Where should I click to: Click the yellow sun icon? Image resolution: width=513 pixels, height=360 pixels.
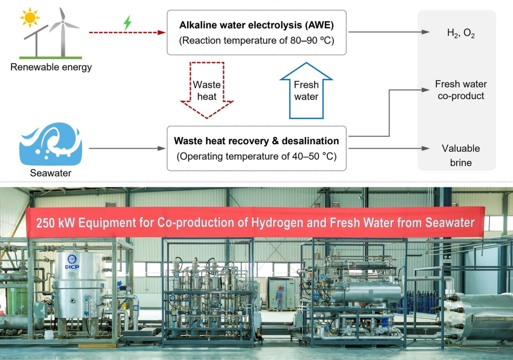tap(30, 17)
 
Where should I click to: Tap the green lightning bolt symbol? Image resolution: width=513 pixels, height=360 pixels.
tap(128, 23)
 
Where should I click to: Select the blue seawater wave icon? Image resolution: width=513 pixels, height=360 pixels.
tap(51, 144)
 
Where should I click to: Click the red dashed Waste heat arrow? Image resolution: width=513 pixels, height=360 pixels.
tap(207, 90)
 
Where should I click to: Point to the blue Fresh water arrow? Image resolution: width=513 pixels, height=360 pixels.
tap(306, 90)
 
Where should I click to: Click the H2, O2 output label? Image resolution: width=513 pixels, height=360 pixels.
tap(461, 33)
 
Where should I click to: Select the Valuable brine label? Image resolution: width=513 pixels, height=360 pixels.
tap(461, 155)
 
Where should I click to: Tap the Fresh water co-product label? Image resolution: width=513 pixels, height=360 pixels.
tap(461, 90)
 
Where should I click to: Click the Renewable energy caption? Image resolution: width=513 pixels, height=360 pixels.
tap(51, 67)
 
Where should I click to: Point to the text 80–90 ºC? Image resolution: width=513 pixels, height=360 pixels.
tap(310, 41)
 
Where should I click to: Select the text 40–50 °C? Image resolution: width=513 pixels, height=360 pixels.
tap(312, 156)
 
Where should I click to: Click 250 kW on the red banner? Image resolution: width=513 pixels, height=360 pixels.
tap(55, 223)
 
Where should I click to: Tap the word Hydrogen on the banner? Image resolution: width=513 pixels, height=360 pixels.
tap(277, 223)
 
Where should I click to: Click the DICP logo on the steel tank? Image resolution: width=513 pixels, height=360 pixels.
tap(72, 262)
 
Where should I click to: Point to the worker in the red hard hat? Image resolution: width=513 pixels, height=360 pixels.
tap(279, 298)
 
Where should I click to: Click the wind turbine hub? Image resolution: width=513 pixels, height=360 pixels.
tap(62, 22)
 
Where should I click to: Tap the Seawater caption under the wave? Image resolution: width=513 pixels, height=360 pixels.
tap(51, 173)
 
